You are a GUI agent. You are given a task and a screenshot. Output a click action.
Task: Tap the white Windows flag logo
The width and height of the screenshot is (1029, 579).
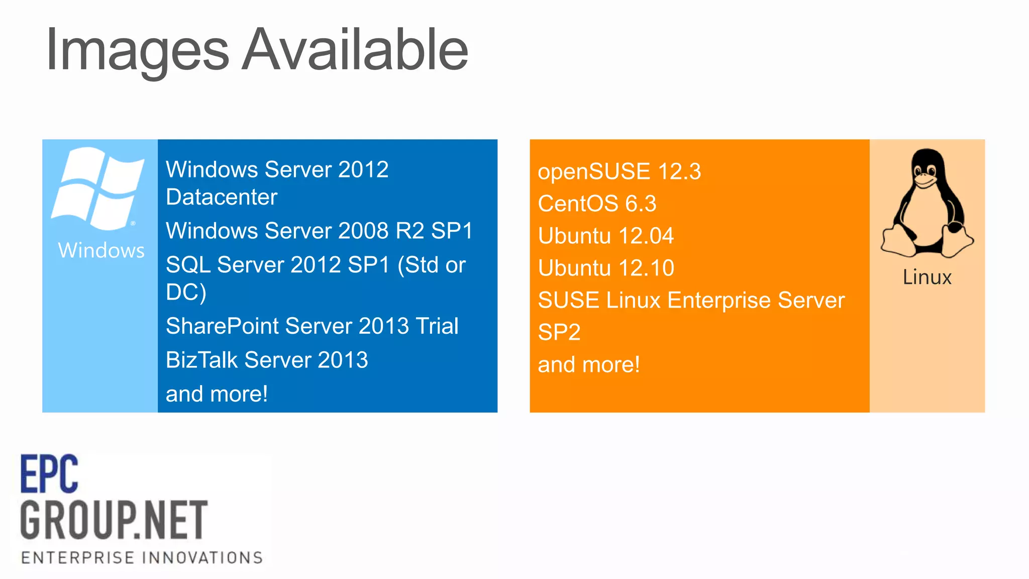(x=98, y=188)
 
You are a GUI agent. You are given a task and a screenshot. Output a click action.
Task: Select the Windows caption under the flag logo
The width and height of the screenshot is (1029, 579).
(x=101, y=250)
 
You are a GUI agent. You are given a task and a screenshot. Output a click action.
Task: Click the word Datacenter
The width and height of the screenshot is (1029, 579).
(x=222, y=197)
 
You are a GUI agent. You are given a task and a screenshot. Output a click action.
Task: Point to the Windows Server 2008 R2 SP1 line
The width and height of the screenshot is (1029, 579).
(x=319, y=231)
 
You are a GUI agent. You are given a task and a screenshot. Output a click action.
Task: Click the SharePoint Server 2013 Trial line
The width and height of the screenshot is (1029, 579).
(x=312, y=326)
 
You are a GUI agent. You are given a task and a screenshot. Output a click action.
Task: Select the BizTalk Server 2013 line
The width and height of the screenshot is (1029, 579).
(x=267, y=360)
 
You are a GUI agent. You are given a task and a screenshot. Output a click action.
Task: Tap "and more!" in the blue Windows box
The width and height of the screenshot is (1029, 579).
(x=217, y=394)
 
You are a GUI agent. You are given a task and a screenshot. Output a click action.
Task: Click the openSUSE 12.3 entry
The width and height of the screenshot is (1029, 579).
(x=619, y=171)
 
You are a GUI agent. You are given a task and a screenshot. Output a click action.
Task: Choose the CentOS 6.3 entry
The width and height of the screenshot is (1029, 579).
(x=597, y=204)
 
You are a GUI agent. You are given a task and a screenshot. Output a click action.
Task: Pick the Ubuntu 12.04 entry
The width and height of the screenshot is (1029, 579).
(x=605, y=236)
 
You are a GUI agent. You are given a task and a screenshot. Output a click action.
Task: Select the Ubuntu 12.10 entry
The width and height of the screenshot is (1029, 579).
(x=605, y=268)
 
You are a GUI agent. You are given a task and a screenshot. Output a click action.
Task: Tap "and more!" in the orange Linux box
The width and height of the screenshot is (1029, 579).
(x=588, y=364)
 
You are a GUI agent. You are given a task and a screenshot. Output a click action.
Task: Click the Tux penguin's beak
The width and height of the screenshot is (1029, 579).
(x=924, y=181)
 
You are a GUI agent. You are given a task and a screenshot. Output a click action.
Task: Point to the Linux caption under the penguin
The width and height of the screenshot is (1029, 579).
(x=927, y=277)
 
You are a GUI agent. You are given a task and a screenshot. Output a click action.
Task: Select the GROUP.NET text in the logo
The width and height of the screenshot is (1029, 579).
(x=114, y=520)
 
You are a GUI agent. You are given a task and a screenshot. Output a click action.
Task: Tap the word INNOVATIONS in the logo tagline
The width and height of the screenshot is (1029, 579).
(x=202, y=557)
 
